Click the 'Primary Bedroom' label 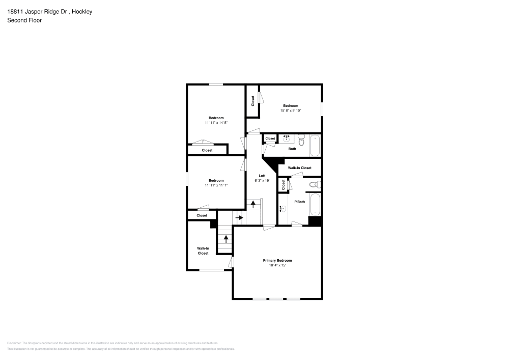coord(277,260)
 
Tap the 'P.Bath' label coord(300,202)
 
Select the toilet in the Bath coord(301,138)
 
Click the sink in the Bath coord(286,137)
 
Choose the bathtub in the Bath coord(315,146)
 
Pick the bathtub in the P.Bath coord(315,204)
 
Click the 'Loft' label coord(262,176)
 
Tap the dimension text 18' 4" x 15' coord(277,265)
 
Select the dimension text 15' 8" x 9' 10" coord(291,110)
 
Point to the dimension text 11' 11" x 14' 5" coord(216,123)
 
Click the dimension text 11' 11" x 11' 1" coord(216,185)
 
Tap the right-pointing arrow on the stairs coord(239,217)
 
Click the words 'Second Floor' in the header coord(24,20)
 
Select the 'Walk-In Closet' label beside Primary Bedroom coord(203,251)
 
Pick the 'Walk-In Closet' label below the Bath coord(299,168)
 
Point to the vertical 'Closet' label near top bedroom coord(252,101)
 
